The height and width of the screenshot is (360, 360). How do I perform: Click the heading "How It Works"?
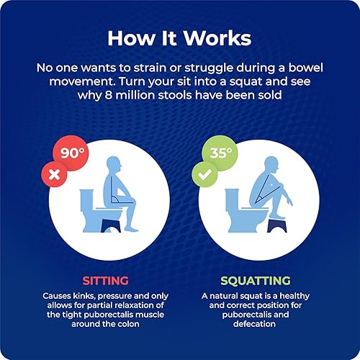coord(179,37)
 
